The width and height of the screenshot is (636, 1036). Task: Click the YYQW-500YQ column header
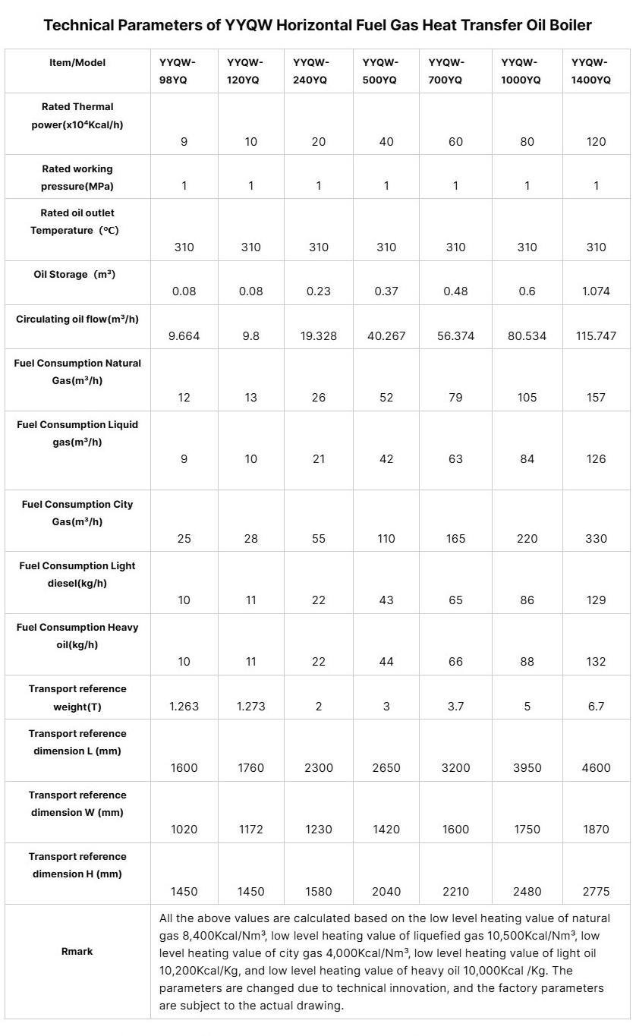click(x=380, y=71)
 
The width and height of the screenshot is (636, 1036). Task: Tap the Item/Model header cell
click(x=77, y=63)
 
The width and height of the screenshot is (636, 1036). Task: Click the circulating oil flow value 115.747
click(x=596, y=335)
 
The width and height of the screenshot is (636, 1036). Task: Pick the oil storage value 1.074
click(x=596, y=291)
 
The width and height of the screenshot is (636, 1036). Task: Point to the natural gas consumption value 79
click(x=455, y=398)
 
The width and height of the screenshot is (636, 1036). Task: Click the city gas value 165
click(x=455, y=539)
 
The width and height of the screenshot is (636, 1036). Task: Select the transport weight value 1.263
click(x=184, y=707)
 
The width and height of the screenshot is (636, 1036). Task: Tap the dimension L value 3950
click(x=527, y=768)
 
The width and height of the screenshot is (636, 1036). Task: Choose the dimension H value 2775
click(x=596, y=891)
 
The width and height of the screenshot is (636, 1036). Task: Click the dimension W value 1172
click(x=250, y=830)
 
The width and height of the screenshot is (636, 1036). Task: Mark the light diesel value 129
click(x=596, y=600)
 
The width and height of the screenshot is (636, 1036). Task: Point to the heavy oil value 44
click(x=386, y=662)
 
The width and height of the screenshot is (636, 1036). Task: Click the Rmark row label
click(x=77, y=951)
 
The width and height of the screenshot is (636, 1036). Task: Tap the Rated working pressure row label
click(x=77, y=178)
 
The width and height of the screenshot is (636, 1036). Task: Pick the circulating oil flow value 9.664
click(x=184, y=335)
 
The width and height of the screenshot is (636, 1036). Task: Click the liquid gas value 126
click(x=596, y=459)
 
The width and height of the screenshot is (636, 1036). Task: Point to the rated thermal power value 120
click(x=596, y=142)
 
